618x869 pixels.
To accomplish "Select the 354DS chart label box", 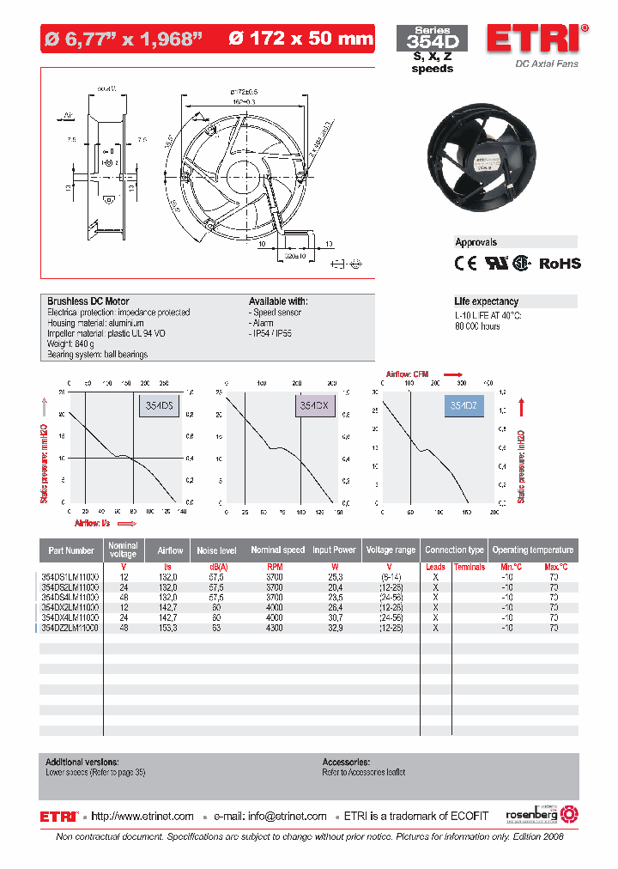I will coord(159,407).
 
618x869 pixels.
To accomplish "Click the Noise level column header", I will coord(216,550).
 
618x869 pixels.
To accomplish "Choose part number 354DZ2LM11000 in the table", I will coord(70,628).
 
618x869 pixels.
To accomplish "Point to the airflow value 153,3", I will coord(169,628).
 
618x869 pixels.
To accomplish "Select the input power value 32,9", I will coord(334,628).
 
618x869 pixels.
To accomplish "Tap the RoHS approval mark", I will coord(560,264).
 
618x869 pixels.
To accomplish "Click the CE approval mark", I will coord(464,264).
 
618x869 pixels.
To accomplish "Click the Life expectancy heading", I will coord(487,301).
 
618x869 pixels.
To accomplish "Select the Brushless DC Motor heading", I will coord(88,301).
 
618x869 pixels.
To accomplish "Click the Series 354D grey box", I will coord(431,39).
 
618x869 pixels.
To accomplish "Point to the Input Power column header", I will coord(334,550).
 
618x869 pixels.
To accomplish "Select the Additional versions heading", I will coord(82,762).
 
